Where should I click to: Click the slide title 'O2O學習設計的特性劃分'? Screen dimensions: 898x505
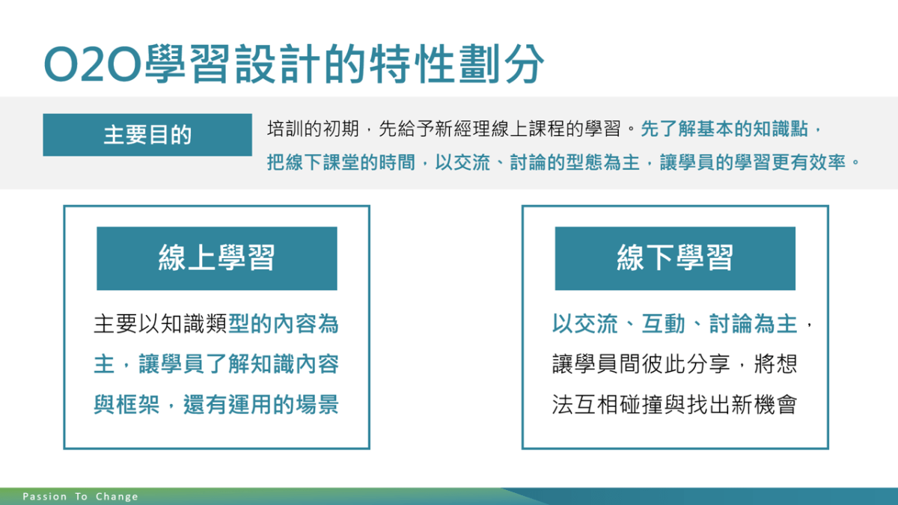click(294, 64)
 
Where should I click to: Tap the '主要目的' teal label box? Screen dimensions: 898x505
click(147, 135)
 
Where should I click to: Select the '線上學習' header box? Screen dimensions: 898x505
click(217, 259)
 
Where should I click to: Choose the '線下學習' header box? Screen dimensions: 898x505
click(675, 259)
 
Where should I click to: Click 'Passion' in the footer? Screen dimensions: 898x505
click(44, 497)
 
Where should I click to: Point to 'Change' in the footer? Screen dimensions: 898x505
click(117, 497)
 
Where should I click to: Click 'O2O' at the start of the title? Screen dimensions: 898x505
click(93, 64)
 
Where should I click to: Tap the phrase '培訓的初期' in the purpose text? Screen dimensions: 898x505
click(313, 129)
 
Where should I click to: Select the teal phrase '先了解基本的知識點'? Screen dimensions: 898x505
click(724, 129)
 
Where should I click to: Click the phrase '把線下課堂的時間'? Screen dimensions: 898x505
click(340, 162)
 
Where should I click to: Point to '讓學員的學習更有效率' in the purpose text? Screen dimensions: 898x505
click(753, 162)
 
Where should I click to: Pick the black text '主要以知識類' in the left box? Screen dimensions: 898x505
click(161, 324)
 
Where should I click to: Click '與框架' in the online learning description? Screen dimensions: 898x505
click(126, 405)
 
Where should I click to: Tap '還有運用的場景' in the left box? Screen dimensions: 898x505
click(261, 405)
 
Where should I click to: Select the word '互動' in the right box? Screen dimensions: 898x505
click(663, 324)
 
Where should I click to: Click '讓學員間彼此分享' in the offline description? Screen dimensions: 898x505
click(641, 364)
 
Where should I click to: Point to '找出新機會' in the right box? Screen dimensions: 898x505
click(742, 405)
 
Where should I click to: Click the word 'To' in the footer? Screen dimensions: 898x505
click(82, 497)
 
